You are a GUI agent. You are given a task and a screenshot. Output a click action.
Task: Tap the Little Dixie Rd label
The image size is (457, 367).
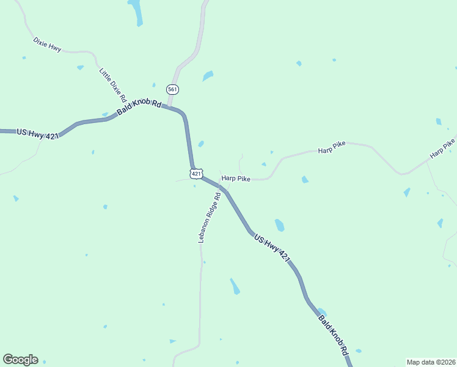pos(113,84)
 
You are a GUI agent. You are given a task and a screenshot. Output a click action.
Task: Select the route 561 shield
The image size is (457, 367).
pos(173,89)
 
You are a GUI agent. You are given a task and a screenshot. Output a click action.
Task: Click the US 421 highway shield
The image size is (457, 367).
pos(196,174)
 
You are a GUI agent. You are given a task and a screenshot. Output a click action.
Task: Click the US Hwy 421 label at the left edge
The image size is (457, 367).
pos(37,133)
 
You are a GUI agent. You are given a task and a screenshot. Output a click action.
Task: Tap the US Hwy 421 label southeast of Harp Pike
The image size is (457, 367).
pos(271,248)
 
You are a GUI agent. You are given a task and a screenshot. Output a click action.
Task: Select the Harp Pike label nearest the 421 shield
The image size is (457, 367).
pos(236,178)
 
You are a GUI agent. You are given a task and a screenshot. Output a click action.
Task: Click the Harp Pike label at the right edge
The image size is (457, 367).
pos(442,149)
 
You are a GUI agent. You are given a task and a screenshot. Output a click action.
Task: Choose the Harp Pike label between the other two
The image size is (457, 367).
pos(331,147)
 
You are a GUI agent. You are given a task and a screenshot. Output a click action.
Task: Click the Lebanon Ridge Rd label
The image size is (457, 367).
pos(209,218)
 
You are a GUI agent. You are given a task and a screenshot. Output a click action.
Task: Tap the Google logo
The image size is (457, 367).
pos(20,360)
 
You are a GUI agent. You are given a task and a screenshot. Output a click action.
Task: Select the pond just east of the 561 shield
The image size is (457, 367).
pos(208,76)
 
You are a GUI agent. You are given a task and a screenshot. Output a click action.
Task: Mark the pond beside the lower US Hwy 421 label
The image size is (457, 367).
pos(279,224)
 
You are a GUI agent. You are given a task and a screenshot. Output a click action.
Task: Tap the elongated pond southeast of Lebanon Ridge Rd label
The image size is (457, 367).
pos(235,286)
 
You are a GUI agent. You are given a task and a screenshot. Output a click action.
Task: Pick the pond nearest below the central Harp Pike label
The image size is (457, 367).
pos(304,179)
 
